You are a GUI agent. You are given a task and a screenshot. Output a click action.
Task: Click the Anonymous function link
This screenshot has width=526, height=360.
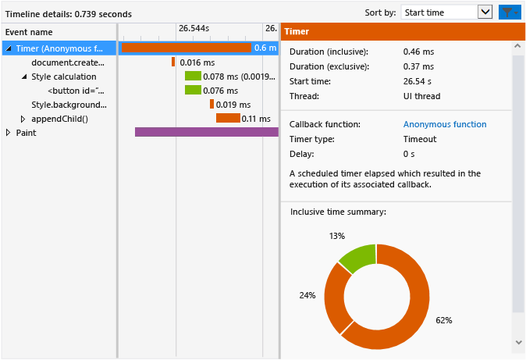pyautogui.click(x=444, y=124)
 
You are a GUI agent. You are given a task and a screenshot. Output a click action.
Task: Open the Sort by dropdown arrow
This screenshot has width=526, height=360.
pyautogui.click(x=484, y=12)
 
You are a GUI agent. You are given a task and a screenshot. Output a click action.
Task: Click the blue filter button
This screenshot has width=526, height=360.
pyautogui.click(x=510, y=12)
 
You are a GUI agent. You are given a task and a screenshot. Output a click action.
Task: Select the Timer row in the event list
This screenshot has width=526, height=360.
pyautogui.click(x=59, y=48)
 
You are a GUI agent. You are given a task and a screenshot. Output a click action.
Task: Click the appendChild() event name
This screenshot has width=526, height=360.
pyautogui.click(x=59, y=119)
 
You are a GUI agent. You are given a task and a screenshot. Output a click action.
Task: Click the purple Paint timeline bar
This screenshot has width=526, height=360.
pyautogui.click(x=206, y=132)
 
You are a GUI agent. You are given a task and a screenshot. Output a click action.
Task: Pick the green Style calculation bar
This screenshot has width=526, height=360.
pyautogui.click(x=193, y=77)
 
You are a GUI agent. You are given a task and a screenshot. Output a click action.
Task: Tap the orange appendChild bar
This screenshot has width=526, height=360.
pyautogui.click(x=228, y=118)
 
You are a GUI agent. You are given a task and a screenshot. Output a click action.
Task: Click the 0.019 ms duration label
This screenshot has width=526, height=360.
pyautogui.click(x=233, y=105)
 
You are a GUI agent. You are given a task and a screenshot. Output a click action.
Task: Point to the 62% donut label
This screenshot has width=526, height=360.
pyautogui.click(x=443, y=320)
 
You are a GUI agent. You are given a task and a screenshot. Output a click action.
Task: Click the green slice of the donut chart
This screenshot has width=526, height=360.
pyautogui.click(x=357, y=258)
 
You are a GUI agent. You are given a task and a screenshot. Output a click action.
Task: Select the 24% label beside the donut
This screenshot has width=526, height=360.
pyautogui.click(x=307, y=295)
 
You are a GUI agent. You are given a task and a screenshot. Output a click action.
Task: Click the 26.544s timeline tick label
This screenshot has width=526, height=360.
pyautogui.click(x=194, y=29)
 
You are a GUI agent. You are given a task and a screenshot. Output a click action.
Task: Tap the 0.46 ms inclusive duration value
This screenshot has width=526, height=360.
pyautogui.click(x=418, y=52)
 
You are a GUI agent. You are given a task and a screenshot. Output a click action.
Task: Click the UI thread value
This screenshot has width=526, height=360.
pyautogui.click(x=421, y=96)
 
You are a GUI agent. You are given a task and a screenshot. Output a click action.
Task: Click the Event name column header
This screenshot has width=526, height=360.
pyautogui.click(x=29, y=32)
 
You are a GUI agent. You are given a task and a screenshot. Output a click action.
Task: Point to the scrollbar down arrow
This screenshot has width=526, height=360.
pyautogui.click(x=519, y=342)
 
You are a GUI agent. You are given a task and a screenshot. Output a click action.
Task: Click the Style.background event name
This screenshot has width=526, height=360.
pyautogui.click(x=69, y=105)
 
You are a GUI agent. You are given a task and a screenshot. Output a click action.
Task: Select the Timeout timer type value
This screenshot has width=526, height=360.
pyautogui.click(x=420, y=139)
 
